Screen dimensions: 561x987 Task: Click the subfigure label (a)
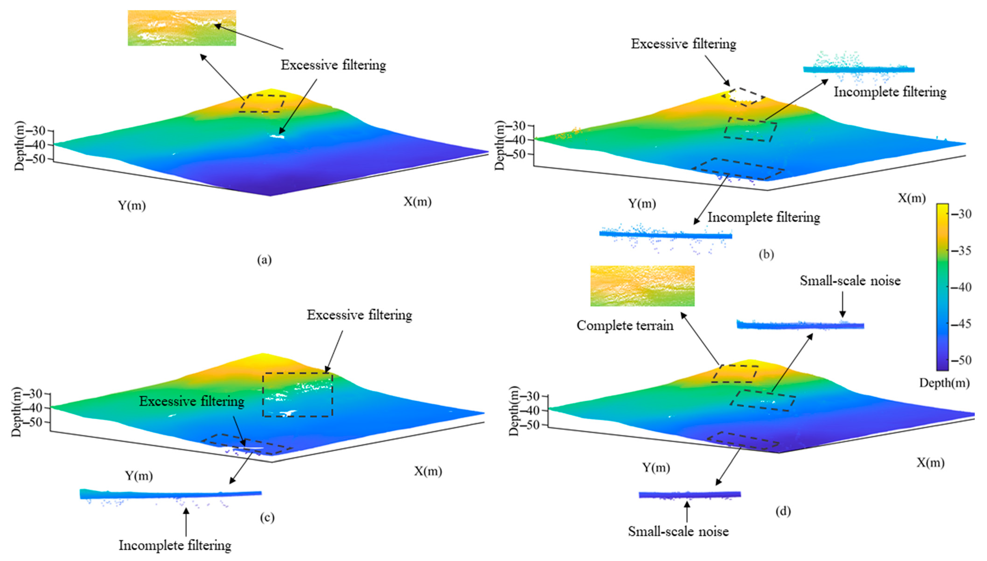pyautogui.click(x=264, y=260)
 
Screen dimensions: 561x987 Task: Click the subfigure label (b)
pyautogui.click(x=766, y=255)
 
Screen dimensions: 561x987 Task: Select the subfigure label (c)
pyautogui.click(x=267, y=517)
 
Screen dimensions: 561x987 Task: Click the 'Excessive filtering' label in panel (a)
pyautogui.click(x=333, y=65)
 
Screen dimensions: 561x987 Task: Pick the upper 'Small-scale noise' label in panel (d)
pyautogui.click(x=850, y=281)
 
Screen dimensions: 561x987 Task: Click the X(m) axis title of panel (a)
pyautogui.click(x=417, y=201)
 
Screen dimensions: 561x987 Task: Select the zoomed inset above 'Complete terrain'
pyautogui.click(x=642, y=286)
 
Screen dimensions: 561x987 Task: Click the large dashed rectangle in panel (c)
pyautogui.click(x=298, y=394)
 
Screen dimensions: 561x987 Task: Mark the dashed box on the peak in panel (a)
pyautogui.click(x=262, y=103)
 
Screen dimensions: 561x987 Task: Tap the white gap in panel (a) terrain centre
pyautogui.click(x=277, y=136)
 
